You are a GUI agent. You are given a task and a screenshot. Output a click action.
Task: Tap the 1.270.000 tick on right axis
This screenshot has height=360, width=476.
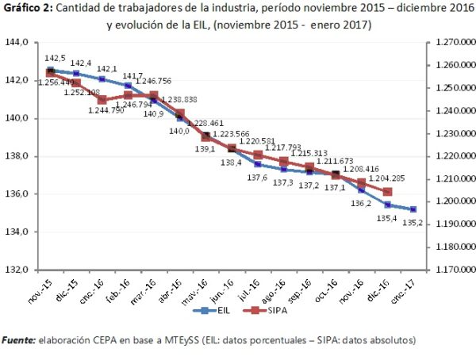pyautogui.click(x=449, y=42)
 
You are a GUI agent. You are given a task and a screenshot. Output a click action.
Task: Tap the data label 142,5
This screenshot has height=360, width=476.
pyautogui.click(x=56, y=58)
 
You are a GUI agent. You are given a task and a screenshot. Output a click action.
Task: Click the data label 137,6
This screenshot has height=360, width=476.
pyautogui.click(x=254, y=177)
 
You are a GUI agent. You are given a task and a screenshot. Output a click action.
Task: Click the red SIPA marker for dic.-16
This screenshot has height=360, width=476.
pyautogui.click(x=387, y=192)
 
